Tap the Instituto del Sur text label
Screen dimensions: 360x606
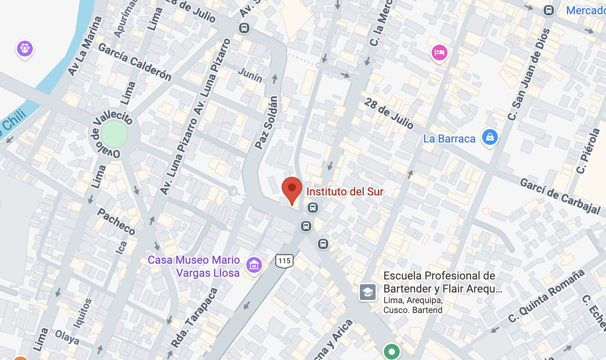coord(344,192)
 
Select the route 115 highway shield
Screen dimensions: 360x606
coord(284,261)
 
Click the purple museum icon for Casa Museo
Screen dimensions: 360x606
coord(254,265)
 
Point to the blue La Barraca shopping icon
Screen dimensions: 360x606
coord(490,137)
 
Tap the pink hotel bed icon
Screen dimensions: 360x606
coord(439,52)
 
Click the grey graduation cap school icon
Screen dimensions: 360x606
coord(367,292)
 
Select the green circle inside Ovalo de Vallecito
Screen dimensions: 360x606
coord(114,133)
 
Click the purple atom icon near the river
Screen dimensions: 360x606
coord(25,49)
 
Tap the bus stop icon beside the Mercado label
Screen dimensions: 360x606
coord(548,10)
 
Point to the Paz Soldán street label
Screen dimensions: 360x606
coord(267,122)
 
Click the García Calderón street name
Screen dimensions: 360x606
coord(135,62)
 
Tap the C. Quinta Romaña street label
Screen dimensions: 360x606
coord(546,296)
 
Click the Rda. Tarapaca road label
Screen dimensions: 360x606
coord(195,318)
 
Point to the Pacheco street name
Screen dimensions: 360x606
coord(116,221)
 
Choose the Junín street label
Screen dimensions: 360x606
coord(250,75)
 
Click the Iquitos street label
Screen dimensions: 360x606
coord(82,313)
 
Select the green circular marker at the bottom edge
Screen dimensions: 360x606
coord(391,351)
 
